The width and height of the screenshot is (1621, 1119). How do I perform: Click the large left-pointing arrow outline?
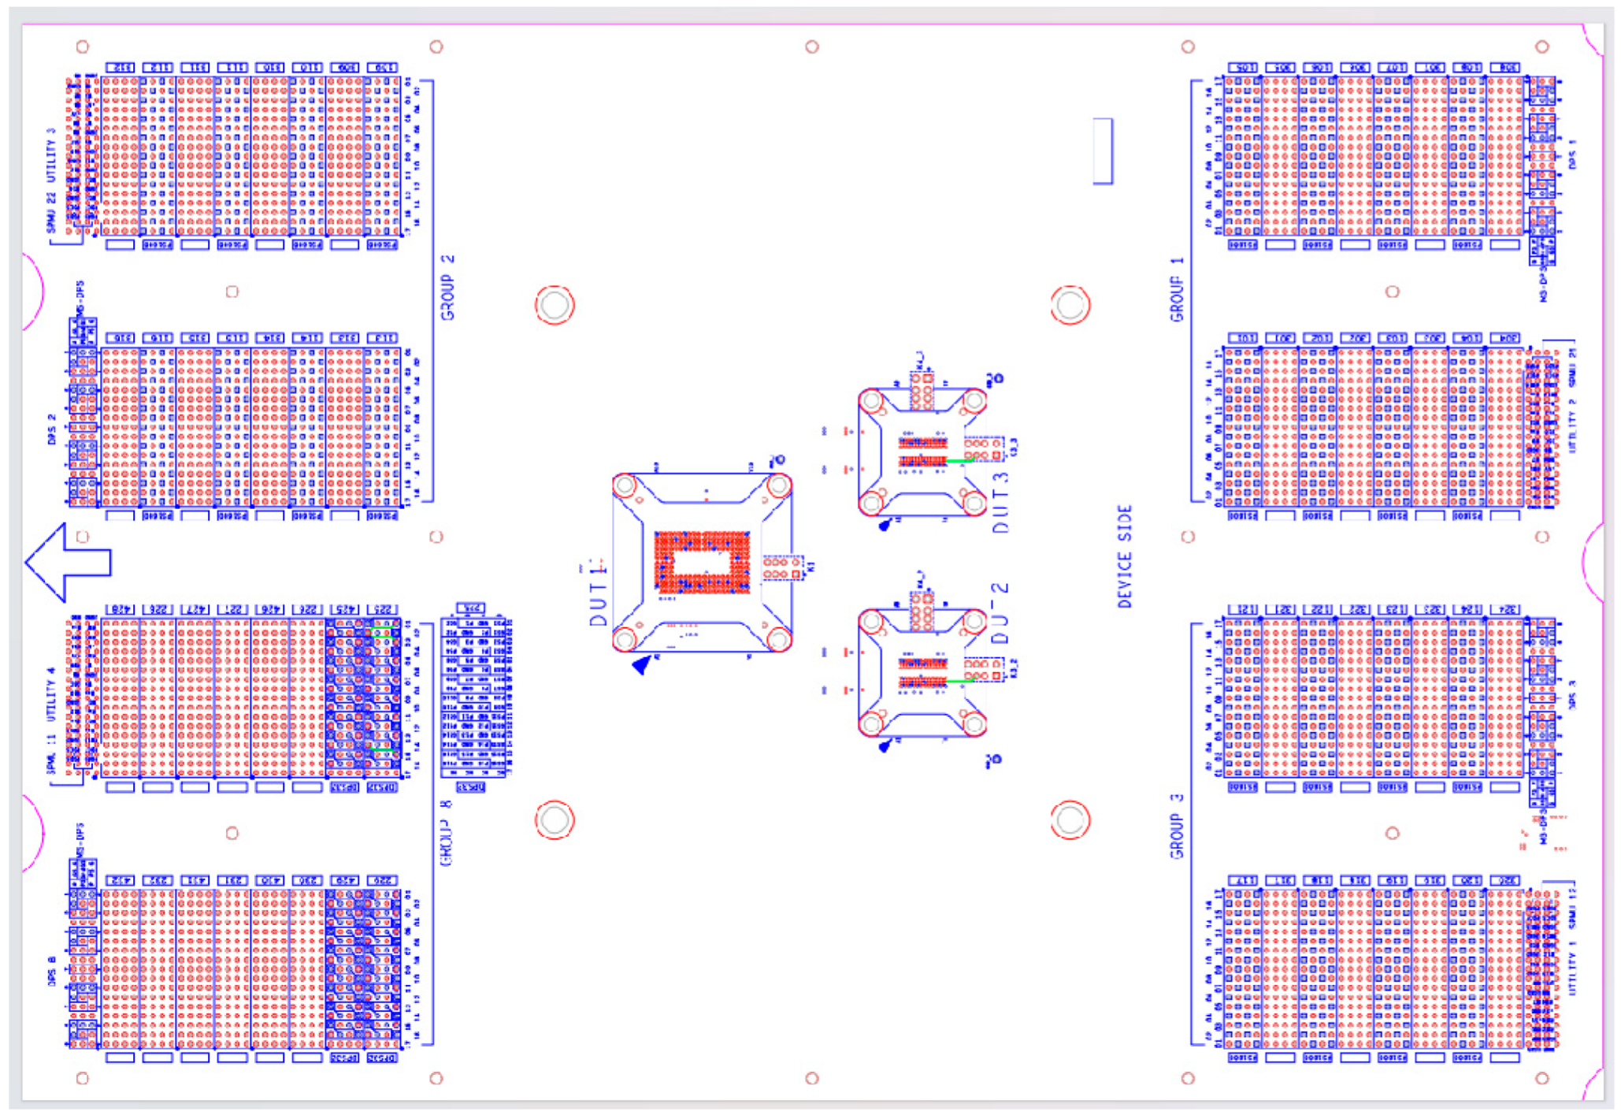(66, 563)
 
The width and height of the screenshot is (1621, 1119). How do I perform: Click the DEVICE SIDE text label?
(1125, 556)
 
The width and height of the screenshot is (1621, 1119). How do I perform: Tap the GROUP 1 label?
(1177, 299)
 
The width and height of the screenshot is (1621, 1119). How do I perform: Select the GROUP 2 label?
(447, 287)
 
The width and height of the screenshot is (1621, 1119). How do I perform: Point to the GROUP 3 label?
(1177, 826)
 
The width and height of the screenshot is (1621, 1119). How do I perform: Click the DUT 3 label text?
(1000, 503)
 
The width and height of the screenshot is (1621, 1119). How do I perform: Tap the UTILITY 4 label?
(52, 693)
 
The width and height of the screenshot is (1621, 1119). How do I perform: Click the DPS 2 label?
(52, 430)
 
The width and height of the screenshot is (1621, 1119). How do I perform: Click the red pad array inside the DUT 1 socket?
(701, 561)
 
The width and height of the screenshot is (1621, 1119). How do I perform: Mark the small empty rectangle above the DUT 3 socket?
(1103, 151)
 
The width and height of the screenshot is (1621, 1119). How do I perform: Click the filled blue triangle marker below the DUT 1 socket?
(642, 666)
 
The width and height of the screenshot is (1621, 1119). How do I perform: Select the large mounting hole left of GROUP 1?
(1070, 306)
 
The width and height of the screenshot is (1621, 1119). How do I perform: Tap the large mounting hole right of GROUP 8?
(555, 820)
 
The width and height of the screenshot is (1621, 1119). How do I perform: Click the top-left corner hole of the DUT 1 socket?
(625, 485)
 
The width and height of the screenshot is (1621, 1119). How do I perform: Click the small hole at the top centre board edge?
(812, 47)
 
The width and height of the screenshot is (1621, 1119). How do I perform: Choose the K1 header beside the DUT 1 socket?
(782, 567)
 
